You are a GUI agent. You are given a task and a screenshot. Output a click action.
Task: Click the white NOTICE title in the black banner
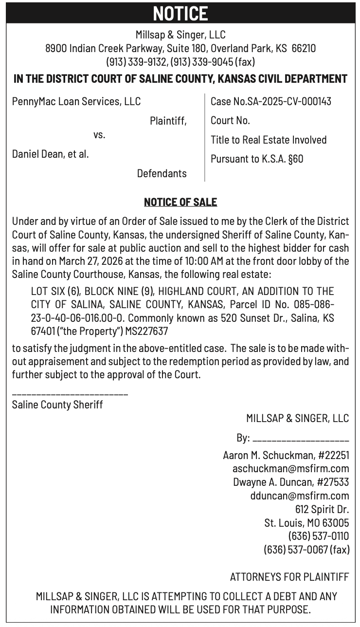[x=180, y=13]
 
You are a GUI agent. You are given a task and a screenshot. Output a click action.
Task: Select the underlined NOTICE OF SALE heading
[x=180, y=202]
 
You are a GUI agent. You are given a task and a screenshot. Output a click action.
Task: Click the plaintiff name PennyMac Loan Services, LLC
[x=76, y=101]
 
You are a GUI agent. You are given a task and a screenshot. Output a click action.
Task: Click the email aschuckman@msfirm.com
[x=291, y=469]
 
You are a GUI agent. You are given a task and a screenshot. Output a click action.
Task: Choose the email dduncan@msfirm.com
[x=299, y=496]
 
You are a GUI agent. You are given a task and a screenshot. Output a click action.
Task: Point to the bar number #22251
[x=334, y=456]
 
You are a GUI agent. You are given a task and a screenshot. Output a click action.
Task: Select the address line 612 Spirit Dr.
[x=322, y=510]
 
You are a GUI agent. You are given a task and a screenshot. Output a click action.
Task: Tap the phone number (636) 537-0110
[x=319, y=536]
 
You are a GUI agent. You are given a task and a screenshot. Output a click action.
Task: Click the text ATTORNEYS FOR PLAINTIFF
[x=289, y=577]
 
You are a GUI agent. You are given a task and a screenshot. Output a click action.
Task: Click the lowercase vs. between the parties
[x=99, y=135]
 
